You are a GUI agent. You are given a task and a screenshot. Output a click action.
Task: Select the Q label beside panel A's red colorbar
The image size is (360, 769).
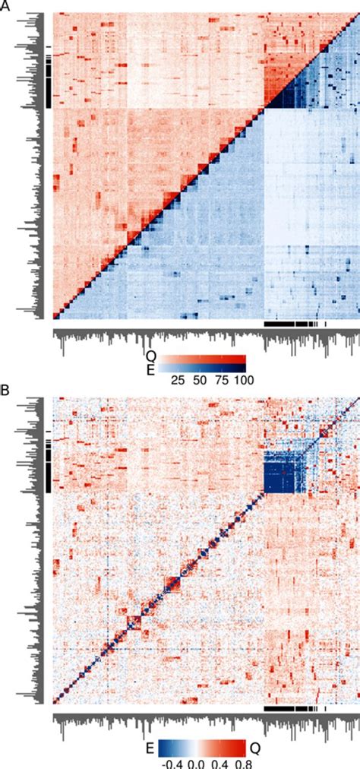pyautogui.click(x=150, y=355)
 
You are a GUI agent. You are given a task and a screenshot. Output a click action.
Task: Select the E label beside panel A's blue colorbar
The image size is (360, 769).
pyautogui.click(x=150, y=367)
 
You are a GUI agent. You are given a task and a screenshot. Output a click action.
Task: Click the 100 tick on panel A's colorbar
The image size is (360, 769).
pyautogui.click(x=244, y=379)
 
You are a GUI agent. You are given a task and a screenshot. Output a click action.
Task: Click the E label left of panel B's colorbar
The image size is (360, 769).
pyautogui.click(x=150, y=746)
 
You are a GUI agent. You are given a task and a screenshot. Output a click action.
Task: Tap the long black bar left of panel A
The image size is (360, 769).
pyautogui.click(x=49, y=84)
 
